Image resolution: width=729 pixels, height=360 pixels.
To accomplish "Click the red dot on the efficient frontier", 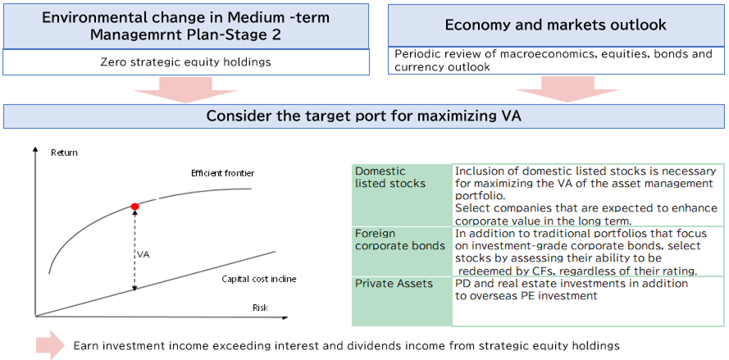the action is (x=134, y=206).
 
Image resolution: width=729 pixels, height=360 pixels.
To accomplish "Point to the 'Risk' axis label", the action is (x=260, y=308).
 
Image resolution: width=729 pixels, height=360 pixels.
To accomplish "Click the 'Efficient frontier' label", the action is (x=217, y=174).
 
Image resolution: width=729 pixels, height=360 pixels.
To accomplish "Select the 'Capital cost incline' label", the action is (x=259, y=279).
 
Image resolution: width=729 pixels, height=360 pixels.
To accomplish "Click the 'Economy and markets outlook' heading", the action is (x=556, y=25).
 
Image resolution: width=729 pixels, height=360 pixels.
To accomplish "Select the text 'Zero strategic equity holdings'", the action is (x=186, y=62).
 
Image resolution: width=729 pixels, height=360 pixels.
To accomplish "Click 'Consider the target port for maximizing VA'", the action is (x=363, y=116).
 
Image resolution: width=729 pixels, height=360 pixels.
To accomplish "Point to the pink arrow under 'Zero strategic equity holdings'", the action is (x=186, y=89).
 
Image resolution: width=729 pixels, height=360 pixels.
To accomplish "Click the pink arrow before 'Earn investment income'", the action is (x=50, y=344).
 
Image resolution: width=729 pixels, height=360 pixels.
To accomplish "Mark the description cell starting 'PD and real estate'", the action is (x=588, y=302).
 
